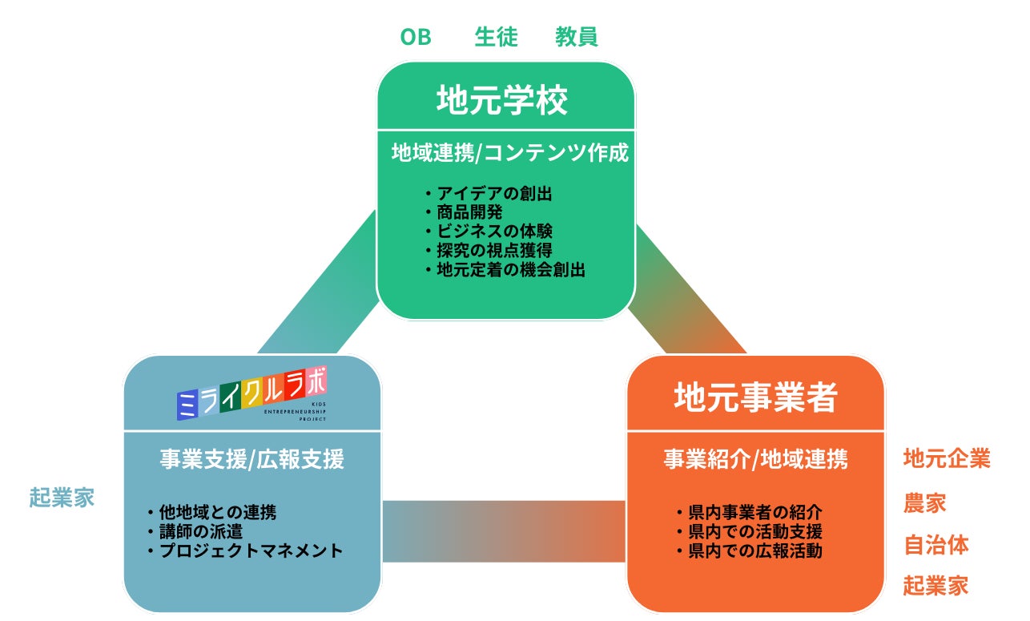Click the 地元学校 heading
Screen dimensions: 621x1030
coord(502,101)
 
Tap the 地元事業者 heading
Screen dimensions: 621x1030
coord(755,396)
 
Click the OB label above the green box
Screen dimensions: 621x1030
coord(416,37)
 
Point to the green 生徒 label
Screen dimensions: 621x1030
coord(496,37)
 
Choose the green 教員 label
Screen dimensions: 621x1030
coord(577,37)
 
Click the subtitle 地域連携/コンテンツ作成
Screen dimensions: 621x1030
coord(510,153)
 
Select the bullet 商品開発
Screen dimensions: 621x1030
coord(464,212)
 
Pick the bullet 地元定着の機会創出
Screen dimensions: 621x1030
coord(505,270)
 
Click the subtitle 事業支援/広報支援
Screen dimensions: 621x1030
coord(251,459)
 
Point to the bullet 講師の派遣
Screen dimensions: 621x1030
coord(195,531)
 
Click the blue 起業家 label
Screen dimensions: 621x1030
coord(62,498)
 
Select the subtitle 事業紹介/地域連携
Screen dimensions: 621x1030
coord(755,459)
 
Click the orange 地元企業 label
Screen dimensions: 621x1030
coord(947,458)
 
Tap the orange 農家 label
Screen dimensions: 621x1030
coord(925,502)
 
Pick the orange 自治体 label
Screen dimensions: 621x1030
coord(935,545)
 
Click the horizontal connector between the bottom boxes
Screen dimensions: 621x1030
coord(503,531)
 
